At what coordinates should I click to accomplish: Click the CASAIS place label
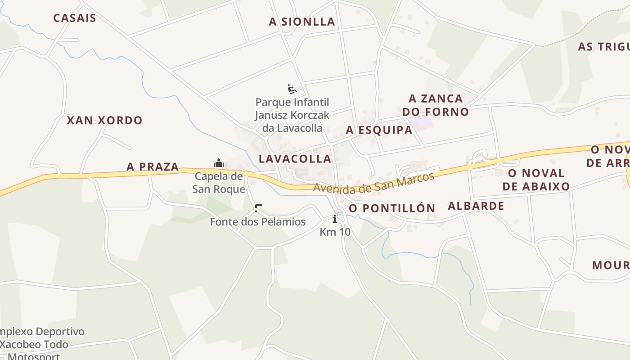pos(75,18)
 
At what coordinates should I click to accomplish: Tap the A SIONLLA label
pos(302,22)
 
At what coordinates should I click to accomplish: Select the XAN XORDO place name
pos(104,120)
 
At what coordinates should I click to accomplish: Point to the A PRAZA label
pos(153,167)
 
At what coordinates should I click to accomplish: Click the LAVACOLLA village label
pos(295,158)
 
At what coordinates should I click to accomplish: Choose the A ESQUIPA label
pos(379,130)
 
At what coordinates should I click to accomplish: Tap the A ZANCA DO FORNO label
pos(436,105)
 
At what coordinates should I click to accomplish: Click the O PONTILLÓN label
pos(392,208)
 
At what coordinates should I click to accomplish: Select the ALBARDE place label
pos(476,206)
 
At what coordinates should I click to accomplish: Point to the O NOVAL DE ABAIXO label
pos(536,180)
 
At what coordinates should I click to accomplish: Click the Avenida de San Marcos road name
pos(373,182)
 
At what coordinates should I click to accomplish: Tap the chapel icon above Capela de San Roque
pos(219,162)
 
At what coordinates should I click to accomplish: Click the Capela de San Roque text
pos(219,183)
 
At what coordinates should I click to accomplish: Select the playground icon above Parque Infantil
pos(292,88)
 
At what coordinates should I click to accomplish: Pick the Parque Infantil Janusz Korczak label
pos(292,115)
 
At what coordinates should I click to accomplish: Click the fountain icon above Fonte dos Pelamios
pos(258,208)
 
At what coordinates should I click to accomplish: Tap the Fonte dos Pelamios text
pos(258,222)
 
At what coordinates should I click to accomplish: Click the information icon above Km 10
pos(335,219)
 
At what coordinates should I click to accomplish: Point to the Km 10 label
pos(335,232)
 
